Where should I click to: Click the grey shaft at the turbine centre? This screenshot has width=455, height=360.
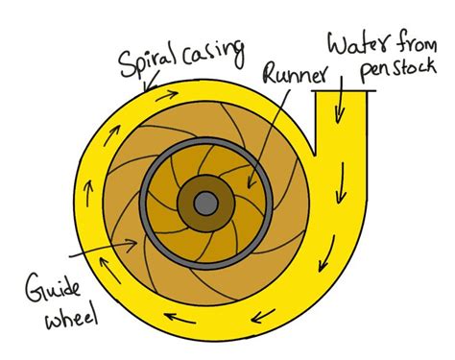205,203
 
